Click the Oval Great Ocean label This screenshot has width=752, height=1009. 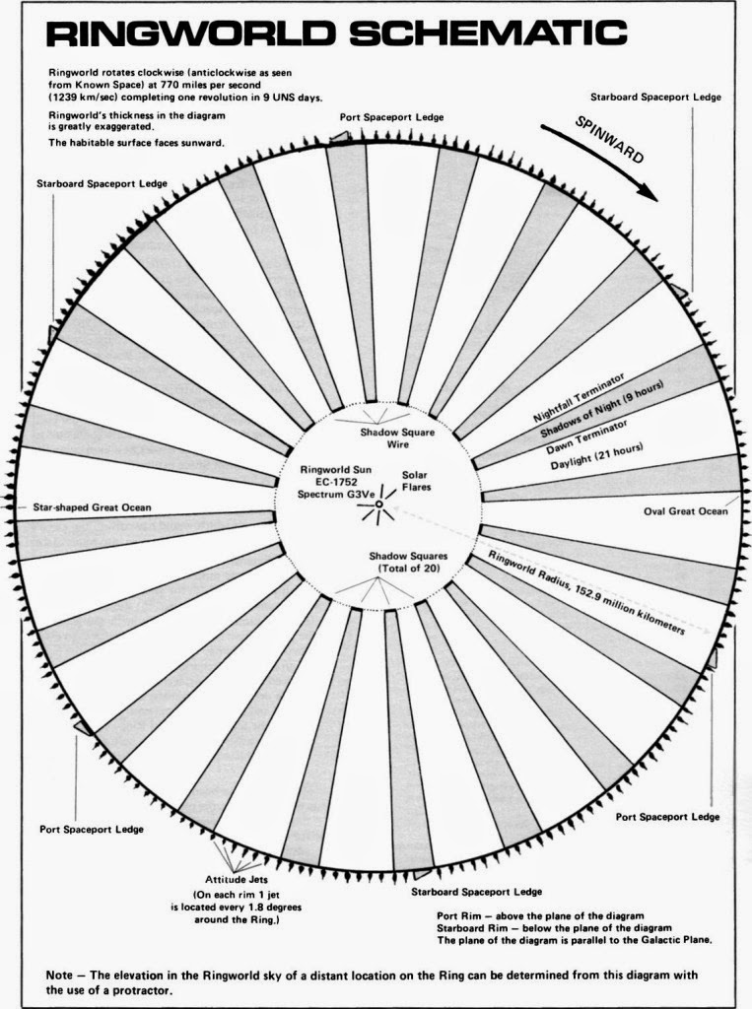[687, 510]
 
